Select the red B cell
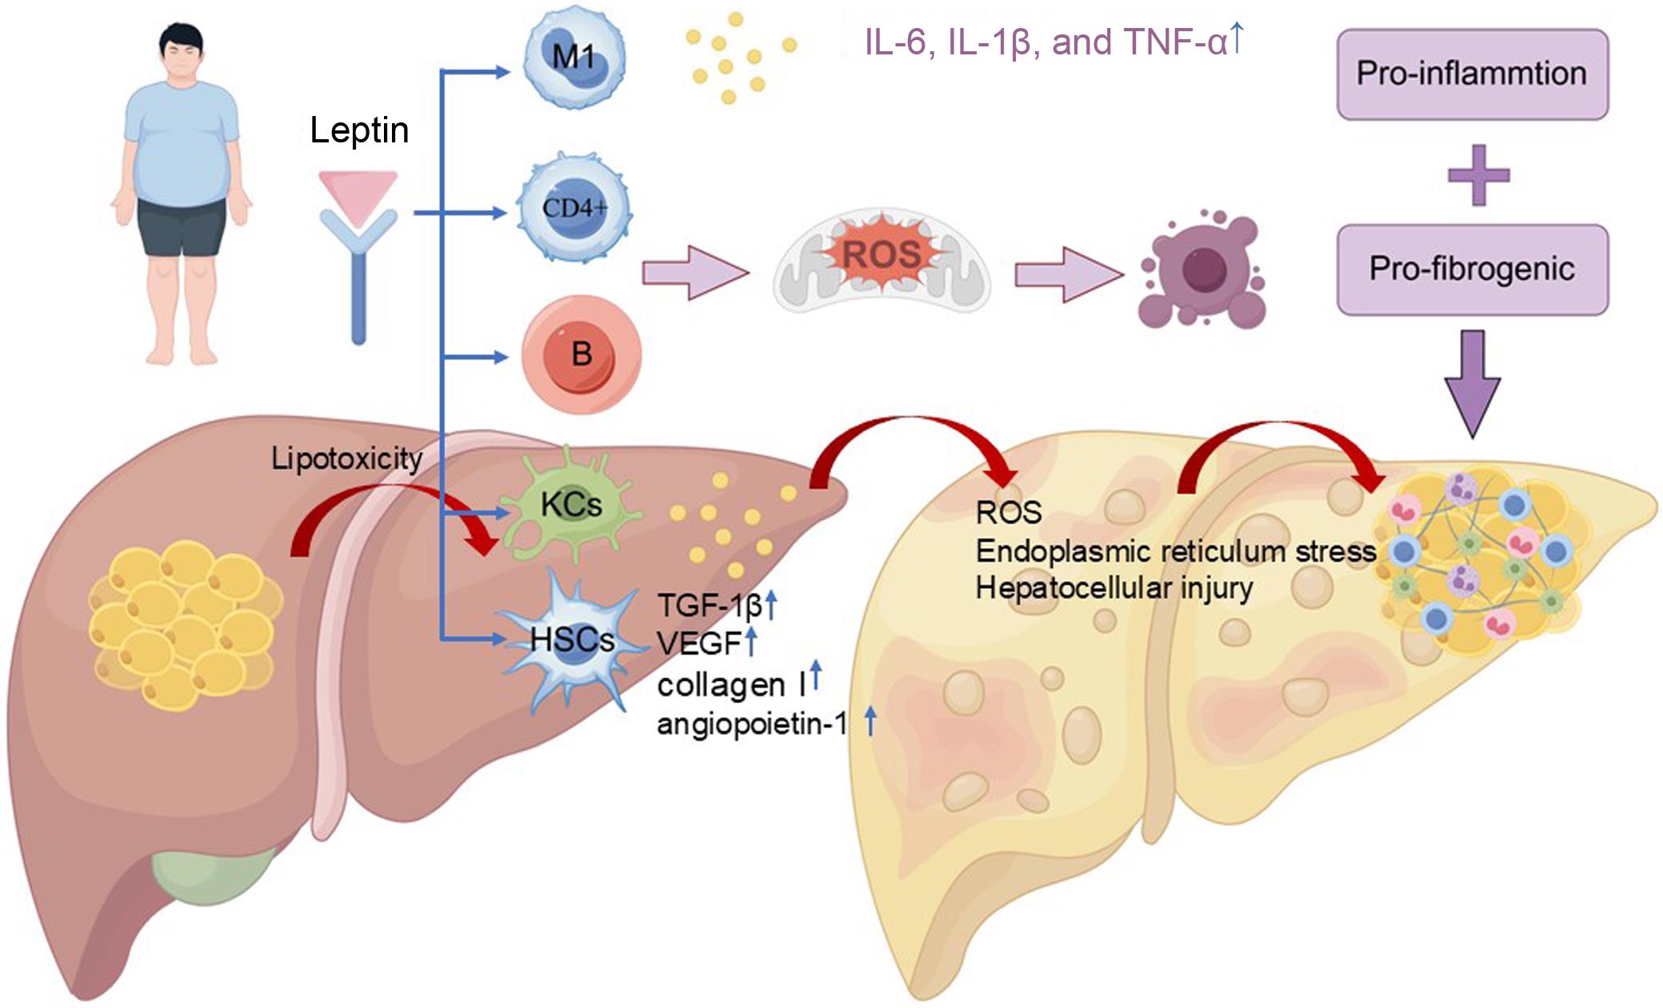coord(582,354)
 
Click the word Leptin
coord(359,130)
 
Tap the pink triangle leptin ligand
coord(358,193)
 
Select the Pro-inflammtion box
coord(1472,74)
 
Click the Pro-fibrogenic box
coord(1472,270)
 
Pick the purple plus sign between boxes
coord(1478,175)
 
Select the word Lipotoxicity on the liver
coord(346,458)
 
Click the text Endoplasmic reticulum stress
coord(1175,551)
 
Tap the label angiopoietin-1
coord(751,724)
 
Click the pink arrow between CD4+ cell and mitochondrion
coord(693,273)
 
